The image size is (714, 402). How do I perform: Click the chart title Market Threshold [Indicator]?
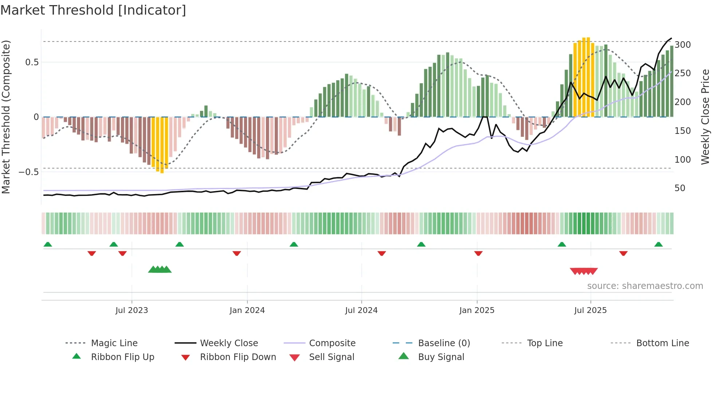[93, 10]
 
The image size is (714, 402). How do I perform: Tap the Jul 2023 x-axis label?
[132, 310]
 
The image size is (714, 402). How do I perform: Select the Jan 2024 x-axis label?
[247, 310]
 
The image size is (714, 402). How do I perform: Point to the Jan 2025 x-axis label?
[476, 310]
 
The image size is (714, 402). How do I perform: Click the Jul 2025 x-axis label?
[590, 310]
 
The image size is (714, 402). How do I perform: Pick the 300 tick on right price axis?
[682, 45]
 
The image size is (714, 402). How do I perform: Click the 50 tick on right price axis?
[680, 188]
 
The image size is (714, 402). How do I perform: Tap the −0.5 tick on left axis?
[28, 172]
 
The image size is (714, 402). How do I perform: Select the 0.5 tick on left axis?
[32, 62]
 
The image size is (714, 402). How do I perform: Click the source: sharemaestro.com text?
[645, 286]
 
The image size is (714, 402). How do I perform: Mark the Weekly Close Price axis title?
[705, 117]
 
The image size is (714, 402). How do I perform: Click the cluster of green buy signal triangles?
[160, 270]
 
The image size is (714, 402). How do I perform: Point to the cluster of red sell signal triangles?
[584, 271]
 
